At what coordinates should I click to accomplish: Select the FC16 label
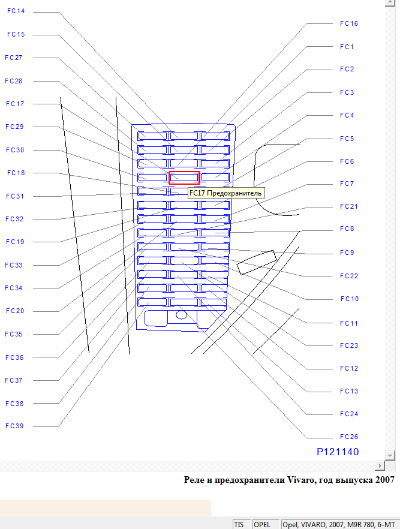coord(348,23)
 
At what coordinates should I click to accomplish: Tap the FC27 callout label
coord(13,58)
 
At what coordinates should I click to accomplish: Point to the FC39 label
coord(14,426)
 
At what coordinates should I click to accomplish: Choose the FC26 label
coord(348,437)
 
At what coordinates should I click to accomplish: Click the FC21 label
coord(348,206)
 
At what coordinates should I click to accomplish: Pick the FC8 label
coord(347,229)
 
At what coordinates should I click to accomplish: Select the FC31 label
coord(14,196)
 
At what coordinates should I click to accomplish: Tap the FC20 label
coord(14,311)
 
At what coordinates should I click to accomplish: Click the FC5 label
coord(347,139)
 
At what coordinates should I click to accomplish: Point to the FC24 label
coord(348,414)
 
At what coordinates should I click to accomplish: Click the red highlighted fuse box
coord(184,178)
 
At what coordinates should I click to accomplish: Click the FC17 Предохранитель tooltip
coord(225,193)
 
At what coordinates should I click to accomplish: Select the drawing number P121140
coord(338,452)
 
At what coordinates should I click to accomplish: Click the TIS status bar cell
coord(239,524)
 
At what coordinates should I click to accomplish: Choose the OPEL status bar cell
coord(262,524)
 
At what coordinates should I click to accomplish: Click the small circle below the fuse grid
coord(181,314)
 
